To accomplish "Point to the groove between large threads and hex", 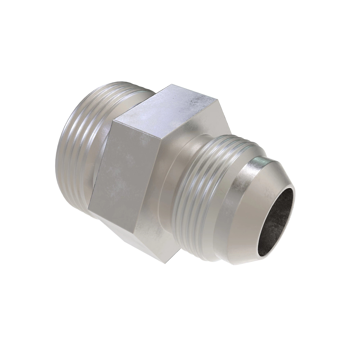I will pos(99,168).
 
